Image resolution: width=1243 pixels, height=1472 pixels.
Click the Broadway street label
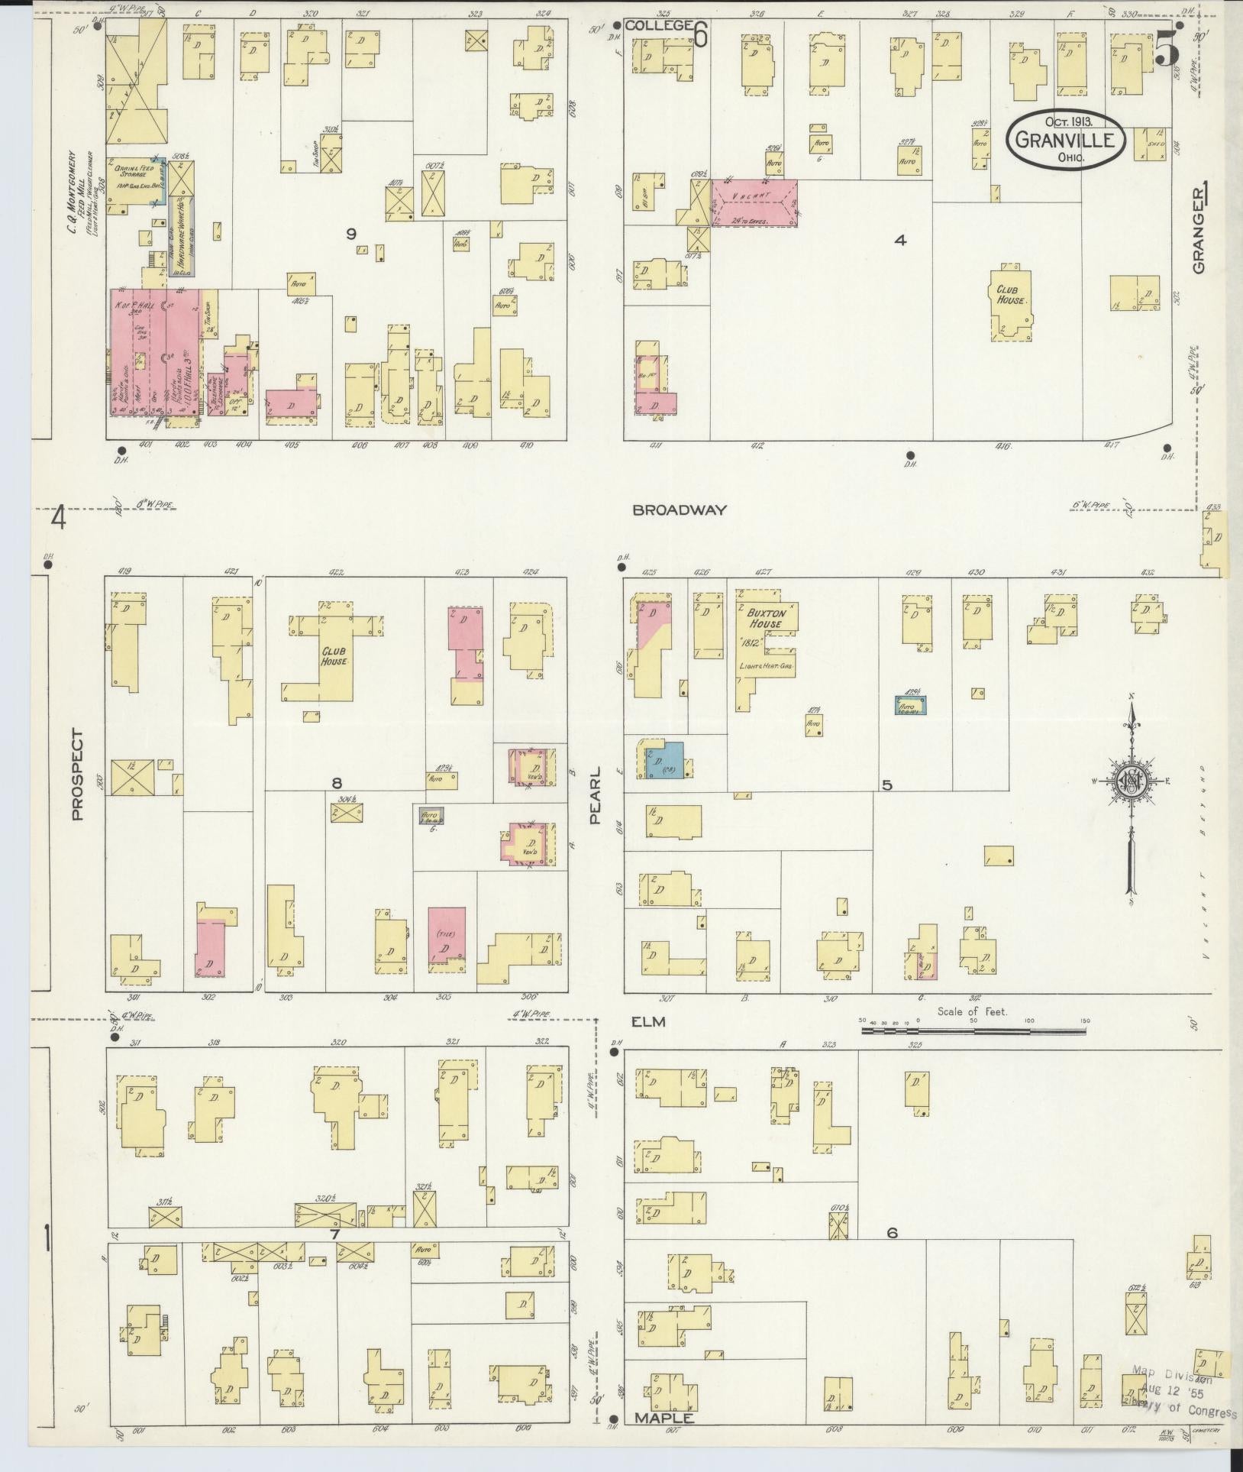point(679,510)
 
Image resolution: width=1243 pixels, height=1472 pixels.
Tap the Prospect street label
point(76,774)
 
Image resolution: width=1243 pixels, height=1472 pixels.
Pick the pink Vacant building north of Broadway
point(754,202)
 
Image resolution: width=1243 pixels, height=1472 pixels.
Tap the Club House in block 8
point(333,655)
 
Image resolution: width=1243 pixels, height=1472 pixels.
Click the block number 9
point(351,234)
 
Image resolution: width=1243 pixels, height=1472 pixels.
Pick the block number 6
point(891,1233)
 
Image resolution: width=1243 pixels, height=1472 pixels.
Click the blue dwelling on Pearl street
point(662,759)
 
